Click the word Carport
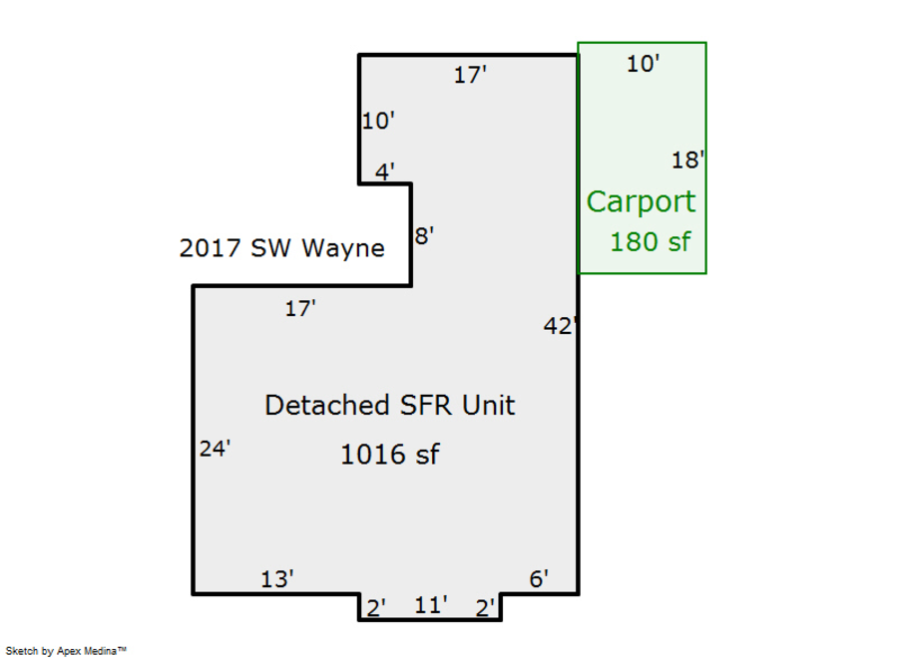(641, 201)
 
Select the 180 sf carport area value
(650, 241)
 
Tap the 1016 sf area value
(389, 455)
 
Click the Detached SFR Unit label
(389, 406)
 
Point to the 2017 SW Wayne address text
(281, 248)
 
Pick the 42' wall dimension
(560, 326)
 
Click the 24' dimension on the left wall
(215, 449)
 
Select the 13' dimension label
(277, 579)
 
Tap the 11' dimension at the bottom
(431, 605)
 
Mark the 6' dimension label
(539, 579)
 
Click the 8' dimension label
(424, 237)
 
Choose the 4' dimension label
(385, 172)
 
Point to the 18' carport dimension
(687, 161)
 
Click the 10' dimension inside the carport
(644, 65)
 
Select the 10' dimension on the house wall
(378, 122)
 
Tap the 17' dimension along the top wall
(470, 75)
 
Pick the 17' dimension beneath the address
(300, 309)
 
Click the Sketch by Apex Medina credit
(65, 650)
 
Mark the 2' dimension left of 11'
(376, 608)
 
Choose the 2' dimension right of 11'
(486, 608)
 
